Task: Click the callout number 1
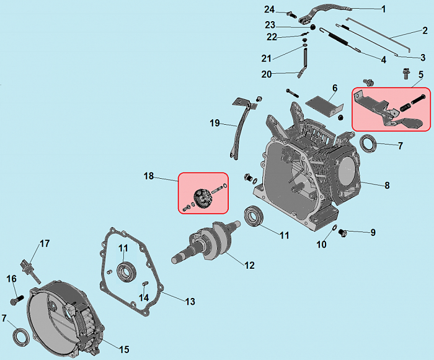[x=383, y=9]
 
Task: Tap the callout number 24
[x=269, y=9]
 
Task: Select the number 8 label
[x=387, y=185]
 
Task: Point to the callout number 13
[x=189, y=302]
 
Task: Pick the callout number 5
[x=420, y=74]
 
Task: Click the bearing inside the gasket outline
[x=127, y=271]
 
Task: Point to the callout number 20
[x=266, y=74]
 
